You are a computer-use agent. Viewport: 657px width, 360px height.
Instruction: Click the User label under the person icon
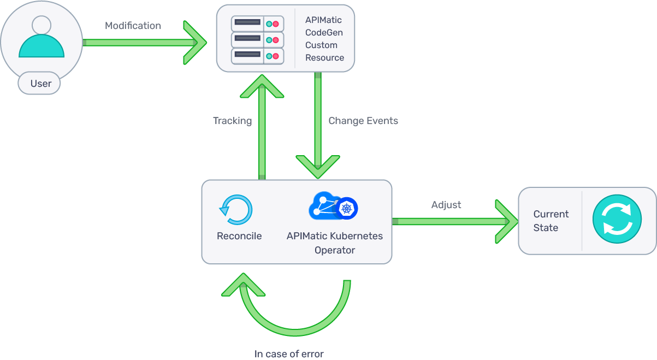pyautogui.click(x=40, y=84)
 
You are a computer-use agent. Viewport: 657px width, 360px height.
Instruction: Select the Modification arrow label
pyautogui.click(x=133, y=26)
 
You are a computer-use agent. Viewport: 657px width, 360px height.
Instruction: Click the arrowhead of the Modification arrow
pyautogui.click(x=197, y=42)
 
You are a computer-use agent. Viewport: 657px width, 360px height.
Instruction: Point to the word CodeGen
pyautogui.click(x=324, y=33)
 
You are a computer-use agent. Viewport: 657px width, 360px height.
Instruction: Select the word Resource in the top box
pyautogui.click(x=324, y=57)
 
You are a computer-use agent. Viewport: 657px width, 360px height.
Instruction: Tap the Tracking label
pyautogui.click(x=232, y=121)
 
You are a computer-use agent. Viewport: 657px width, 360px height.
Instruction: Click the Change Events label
pyautogui.click(x=363, y=121)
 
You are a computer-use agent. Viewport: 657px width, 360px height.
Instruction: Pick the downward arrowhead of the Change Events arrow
pyautogui.click(x=318, y=166)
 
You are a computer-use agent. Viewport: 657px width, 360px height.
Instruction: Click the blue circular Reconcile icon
pyautogui.click(x=236, y=210)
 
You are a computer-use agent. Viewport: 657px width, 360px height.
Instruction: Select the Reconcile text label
pyautogui.click(x=239, y=236)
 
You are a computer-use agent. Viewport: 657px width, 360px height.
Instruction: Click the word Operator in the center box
pyautogui.click(x=334, y=250)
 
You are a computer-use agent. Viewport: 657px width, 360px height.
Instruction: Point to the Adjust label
pyautogui.click(x=446, y=205)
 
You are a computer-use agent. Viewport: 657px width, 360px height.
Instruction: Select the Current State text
pyautogui.click(x=551, y=221)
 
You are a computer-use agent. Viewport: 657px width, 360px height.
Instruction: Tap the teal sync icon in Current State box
pyautogui.click(x=617, y=221)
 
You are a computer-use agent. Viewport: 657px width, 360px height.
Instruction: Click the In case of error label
pyautogui.click(x=289, y=353)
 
